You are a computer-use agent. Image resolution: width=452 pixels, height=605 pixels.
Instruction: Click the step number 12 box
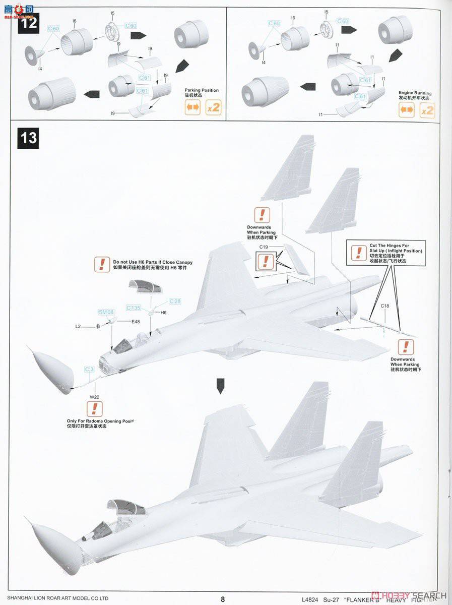pyautogui.click(x=28, y=23)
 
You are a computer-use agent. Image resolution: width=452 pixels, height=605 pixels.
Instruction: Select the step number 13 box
pyautogui.click(x=28, y=137)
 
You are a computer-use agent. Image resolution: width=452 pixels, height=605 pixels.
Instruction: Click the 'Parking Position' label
pyautogui.click(x=202, y=90)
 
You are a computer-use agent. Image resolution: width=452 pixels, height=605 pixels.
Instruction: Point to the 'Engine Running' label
pyautogui.click(x=415, y=93)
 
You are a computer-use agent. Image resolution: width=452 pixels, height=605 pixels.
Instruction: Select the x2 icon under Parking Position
pyautogui.click(x=213, y=107)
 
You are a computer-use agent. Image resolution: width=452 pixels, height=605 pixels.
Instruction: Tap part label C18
pyautogui.click(x=384, y=306)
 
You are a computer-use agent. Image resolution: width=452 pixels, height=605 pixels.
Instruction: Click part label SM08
pyautogui.click(x=106, y=312)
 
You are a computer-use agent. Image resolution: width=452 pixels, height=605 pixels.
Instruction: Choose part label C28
pyautogui.click(x=174, y=301)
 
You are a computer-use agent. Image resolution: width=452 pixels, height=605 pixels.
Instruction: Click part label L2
pyautogui.click(x=78, y=327)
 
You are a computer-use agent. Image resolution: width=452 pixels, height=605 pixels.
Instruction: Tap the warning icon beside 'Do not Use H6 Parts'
pyautogui.click(x=102, y=264)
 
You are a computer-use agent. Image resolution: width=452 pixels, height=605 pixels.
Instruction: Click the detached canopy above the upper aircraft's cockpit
pyautogui.click(x=145, y=288)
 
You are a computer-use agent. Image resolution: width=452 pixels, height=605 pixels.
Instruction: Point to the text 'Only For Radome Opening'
pyautogui.click(x=101, y=420)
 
